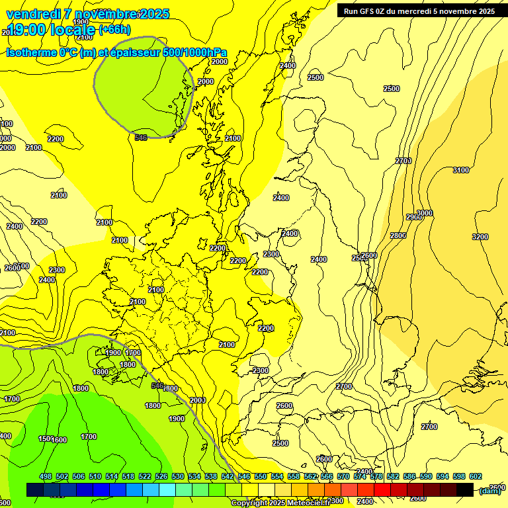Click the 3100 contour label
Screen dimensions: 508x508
pyautogui.click(x=460, y=171)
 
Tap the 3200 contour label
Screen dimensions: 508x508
pyautogui.click(x=480, y=237)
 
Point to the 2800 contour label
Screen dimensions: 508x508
pyautogui.click(x=398, y=236)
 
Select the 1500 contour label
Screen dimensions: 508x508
pyautogui.click(x=45, y=439)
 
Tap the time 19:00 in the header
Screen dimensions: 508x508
pyautogui.click(x=26, y=29)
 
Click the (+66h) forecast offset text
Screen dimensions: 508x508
pyautogui.click(x=114, y=29)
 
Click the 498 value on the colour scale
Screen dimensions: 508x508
pyautogui.click(x=46, y=476)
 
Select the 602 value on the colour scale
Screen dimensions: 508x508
pyautogui.click(x=475, y=476)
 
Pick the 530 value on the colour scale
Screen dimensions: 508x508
pyautogui.click(x=178, y=476)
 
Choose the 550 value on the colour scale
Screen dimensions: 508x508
pyautogui.click(x=261, y=476)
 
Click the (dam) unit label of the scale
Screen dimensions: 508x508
pyautogui.click(x=489, y=490)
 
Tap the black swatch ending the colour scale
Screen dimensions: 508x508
pyautogui.click(x=465, y=489)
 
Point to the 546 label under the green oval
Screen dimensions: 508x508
pyautogui.click(x=140, y=138)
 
